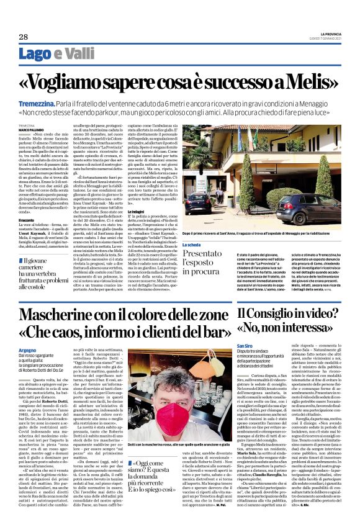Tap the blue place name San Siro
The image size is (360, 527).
[244, 346]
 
